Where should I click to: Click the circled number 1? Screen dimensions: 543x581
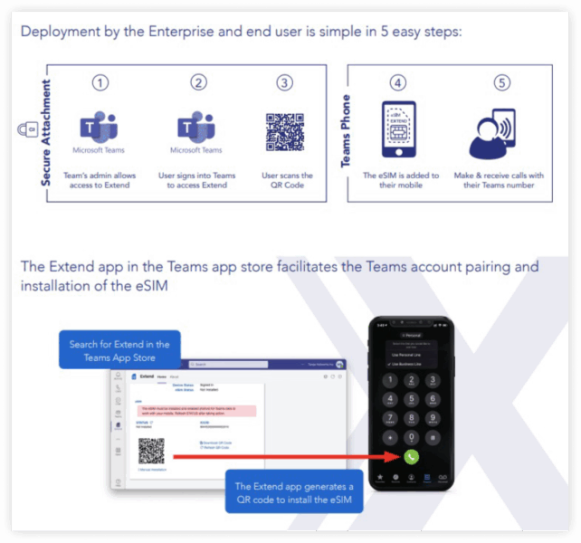100,82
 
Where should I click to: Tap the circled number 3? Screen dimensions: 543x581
285,82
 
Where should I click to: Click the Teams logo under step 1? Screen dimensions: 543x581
100,129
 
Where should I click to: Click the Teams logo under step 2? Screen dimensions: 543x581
196,129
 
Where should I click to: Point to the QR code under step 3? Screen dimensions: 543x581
285,131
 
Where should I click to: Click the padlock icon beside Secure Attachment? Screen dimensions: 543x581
27,130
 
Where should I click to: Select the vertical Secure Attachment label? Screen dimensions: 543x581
47,132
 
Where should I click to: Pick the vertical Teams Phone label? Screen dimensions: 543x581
346,132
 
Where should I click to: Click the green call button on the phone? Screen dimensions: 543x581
411,457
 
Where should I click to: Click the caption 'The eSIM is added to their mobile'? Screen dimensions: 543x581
400,181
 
